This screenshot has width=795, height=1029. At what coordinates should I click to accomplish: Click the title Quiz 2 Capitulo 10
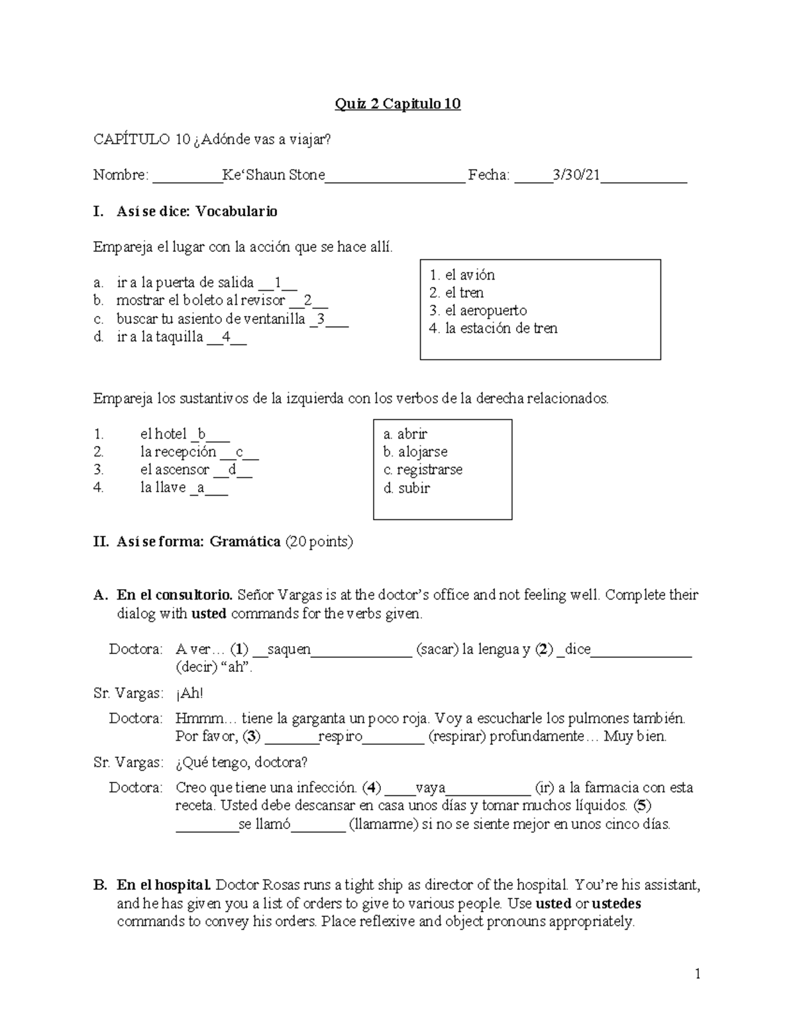point(397,104)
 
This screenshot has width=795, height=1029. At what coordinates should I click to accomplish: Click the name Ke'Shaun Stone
point(273,175)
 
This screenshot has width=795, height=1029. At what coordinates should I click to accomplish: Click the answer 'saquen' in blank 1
point(289,649)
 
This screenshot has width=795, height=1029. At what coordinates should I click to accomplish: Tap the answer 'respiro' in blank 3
point(340,736)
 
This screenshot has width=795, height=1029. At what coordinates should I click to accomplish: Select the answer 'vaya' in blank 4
point(430,788)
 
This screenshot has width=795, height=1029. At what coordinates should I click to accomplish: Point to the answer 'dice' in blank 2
point(577,649)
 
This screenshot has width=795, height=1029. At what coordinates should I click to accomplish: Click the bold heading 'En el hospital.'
point(164,885)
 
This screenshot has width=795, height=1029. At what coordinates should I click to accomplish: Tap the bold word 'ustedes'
point(615,903)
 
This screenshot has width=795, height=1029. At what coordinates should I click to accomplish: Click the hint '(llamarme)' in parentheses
point(382,824)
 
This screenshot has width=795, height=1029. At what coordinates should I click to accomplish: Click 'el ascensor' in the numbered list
point(174,470)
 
